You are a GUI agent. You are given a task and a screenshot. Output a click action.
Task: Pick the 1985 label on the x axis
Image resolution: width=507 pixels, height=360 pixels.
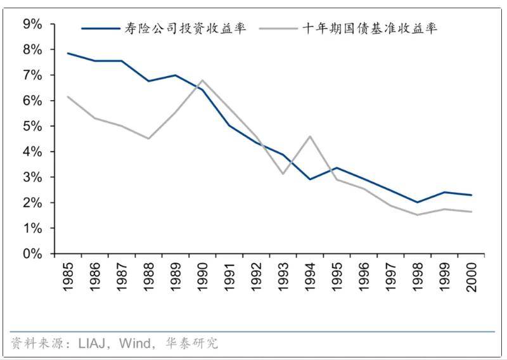68,277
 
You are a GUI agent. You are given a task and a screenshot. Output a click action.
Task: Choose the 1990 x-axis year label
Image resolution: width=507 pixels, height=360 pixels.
202,277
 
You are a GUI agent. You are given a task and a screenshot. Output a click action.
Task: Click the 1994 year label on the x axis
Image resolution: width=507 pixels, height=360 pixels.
310,277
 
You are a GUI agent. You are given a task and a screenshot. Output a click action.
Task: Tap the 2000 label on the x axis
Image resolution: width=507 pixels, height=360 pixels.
472,277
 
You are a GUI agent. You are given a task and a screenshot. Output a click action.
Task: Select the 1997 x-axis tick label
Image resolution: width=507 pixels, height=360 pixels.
390,277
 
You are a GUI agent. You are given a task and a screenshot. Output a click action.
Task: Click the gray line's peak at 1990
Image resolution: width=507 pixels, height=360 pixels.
202,80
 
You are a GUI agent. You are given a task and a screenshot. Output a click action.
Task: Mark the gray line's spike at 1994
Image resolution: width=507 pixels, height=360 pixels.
309,136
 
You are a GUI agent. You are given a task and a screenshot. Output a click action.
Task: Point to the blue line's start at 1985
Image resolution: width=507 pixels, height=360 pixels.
67,53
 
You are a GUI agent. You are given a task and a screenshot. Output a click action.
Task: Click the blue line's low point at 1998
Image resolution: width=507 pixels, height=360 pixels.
417,202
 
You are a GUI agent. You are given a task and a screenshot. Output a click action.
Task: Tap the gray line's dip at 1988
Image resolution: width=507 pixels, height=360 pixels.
148,138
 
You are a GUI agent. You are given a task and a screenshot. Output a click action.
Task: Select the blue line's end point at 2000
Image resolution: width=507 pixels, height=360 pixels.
471,195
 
